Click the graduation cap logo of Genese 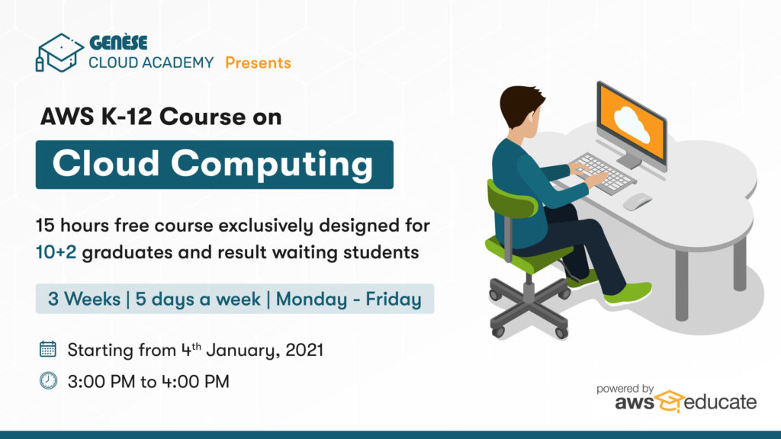(x=59, y=53)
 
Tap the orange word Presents (x=258, y=62)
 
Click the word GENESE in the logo (x=118, y=43)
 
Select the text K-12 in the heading (x=126, y=117)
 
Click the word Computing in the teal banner (x=272, y=165)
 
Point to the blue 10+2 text (x=56, y=252)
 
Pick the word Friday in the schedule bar (x=394, y=299)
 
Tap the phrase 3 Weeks (x=84, y=299)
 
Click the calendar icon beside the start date (x=48, y=349)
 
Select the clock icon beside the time (x=48, y=381)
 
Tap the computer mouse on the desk (x=637, y=201)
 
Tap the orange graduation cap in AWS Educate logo (x=670, y=401)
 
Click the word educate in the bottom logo (x=720, y=402)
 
